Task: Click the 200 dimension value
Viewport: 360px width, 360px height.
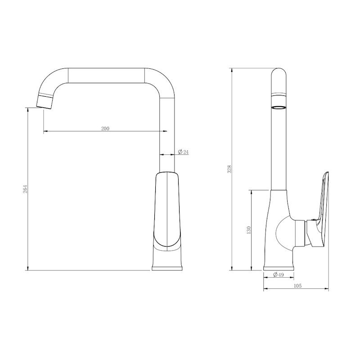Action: coord(104,128)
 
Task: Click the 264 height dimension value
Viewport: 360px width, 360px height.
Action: coord(25,189)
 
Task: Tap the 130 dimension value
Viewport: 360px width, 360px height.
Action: coord(248,230)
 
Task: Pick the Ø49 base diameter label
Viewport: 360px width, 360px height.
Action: coord(279,275)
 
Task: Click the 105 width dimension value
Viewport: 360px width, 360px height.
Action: coord(297,286)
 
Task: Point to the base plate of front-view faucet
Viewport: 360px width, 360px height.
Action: coord(167,268)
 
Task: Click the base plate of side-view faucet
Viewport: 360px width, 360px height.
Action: coord(279,268)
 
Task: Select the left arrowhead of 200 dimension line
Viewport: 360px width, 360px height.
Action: coord(45,131)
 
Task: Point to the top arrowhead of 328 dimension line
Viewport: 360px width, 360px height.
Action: coord(232,70)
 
